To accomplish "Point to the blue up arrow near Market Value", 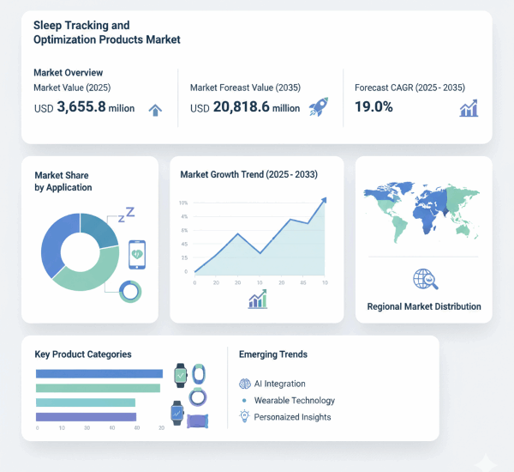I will [x=155, y=109].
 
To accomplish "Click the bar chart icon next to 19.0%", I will [x=469, y=108].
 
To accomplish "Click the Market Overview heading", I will [x=69, y=73].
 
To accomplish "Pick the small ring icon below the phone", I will [x=130, y=291].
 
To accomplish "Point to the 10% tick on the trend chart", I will [x=183, y=203].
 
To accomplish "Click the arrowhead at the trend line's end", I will [x=323, y=201].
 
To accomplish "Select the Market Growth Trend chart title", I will [x=249, y=174].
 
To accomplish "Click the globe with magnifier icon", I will [x=423, y=279].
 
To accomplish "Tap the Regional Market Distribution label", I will [x=424, y=306].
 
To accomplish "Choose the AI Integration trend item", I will [x=278, y=384].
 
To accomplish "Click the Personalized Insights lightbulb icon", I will [x=244, y=416].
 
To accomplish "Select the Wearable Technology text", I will [x=294, y=400].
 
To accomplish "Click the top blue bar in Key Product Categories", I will [x=99, y=373].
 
